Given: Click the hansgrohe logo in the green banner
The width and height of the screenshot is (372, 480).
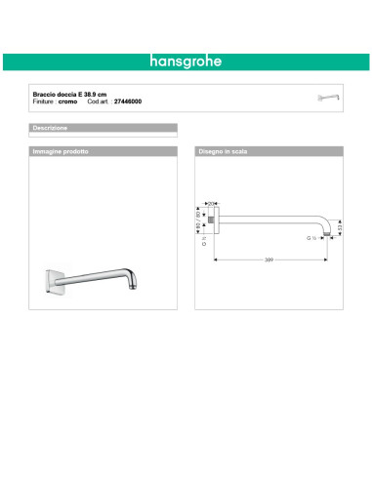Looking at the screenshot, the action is (186, 60).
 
